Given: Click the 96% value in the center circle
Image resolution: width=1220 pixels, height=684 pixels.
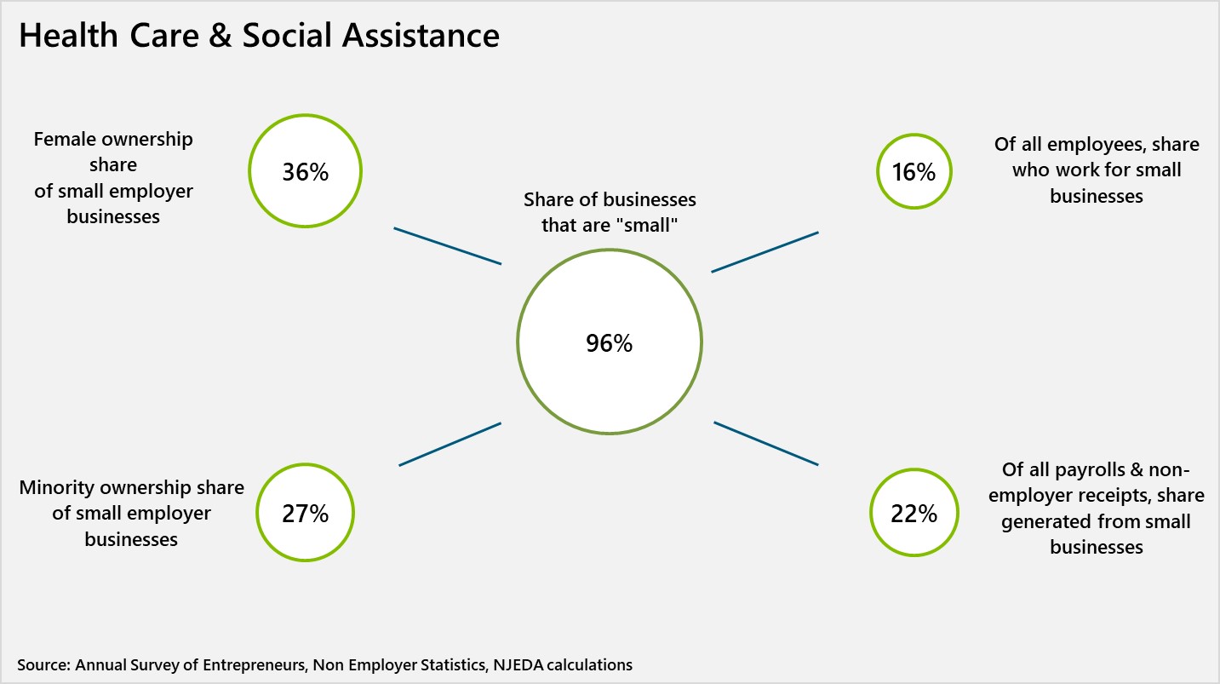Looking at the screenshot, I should [x=609, y=343].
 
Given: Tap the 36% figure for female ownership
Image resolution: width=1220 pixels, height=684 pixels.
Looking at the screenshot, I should [x=305, y=172].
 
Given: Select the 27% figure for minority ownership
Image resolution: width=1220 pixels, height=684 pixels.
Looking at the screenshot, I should [x=305, y=514].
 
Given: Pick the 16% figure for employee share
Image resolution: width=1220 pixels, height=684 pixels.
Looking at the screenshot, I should [x=914, y=172].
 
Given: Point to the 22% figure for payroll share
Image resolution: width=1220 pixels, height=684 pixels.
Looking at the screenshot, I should [x=914, y=514].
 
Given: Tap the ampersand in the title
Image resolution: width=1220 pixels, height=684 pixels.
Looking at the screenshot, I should [x=220, y=36].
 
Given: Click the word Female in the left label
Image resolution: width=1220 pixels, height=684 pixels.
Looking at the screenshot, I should [x=64, y=139].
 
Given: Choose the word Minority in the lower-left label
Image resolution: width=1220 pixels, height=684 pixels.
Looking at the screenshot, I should [x=56, y=488].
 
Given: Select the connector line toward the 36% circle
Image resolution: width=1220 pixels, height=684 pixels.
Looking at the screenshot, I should [x=447, y=245].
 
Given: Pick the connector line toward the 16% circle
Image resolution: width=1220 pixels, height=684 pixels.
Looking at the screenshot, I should [x=765, y=251].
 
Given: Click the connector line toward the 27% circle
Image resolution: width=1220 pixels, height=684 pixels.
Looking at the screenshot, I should [x=450, y=444].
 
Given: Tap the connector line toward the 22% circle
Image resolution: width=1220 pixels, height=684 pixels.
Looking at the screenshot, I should [x=765, y=443].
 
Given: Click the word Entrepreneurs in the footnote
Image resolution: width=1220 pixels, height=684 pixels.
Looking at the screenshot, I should [x=254, y=664].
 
